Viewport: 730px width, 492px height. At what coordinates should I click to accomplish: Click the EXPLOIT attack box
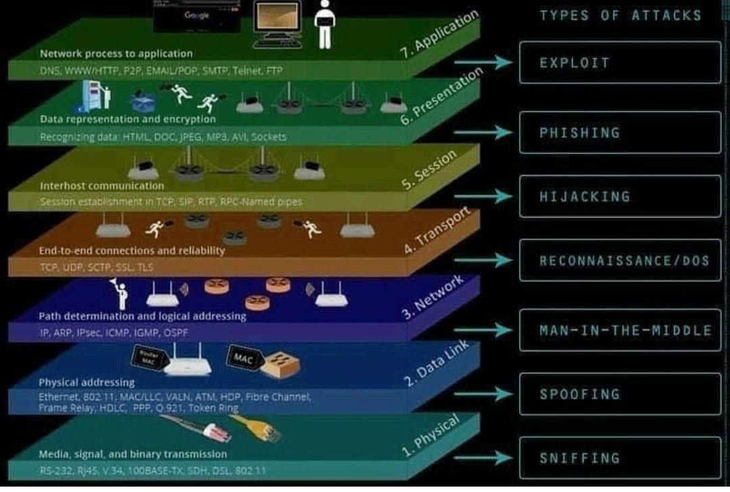tap(619, 63)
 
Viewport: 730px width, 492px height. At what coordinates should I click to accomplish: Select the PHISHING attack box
tap(619, 132)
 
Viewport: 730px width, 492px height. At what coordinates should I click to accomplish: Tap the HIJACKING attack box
tap(619, 197)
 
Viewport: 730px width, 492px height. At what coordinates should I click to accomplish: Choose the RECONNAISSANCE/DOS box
tap(619, 260)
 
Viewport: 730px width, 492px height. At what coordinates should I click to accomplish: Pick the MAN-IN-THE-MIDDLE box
tap(619, 330)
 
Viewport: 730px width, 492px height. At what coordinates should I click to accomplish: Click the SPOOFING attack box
tap(619, 394)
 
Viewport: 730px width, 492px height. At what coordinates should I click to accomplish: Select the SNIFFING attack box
tap(619, 458)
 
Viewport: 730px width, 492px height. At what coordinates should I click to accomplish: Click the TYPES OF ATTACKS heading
tap(620, 15)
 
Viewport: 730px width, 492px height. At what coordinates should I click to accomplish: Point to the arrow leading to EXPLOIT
tap(484, 63)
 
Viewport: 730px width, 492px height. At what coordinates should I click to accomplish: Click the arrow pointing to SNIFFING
tap(484, 458)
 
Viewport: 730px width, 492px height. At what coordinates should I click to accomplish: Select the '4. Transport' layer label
tap(436, 232)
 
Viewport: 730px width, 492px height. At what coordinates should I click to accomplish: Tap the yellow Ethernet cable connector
tap(257, 428)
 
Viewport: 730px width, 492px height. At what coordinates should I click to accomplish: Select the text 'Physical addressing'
tap(75, 383)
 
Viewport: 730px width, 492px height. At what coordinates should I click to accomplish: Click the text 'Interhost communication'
tap(102, 185)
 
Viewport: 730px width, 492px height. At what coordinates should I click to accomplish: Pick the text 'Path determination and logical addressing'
tap(143, 316)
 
